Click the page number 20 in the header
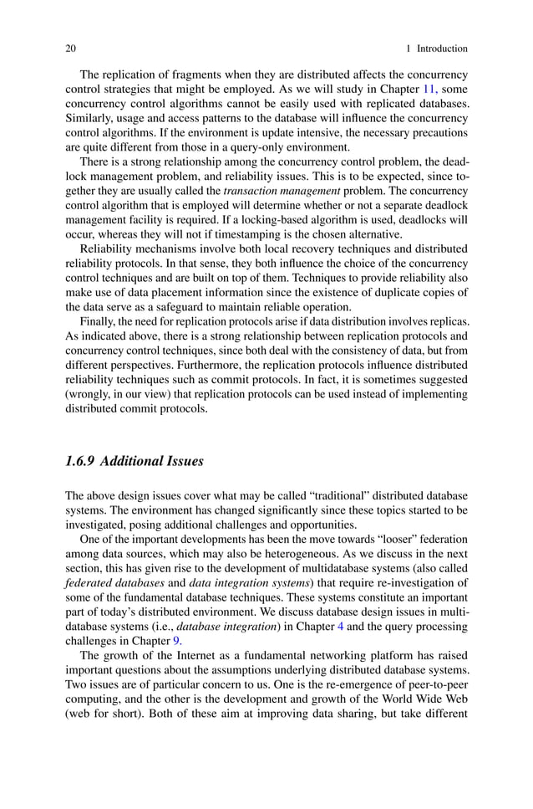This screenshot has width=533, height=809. point(71,49)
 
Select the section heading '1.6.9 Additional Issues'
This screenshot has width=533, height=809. point(135,460)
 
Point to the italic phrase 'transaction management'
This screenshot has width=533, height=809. point(271,190)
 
